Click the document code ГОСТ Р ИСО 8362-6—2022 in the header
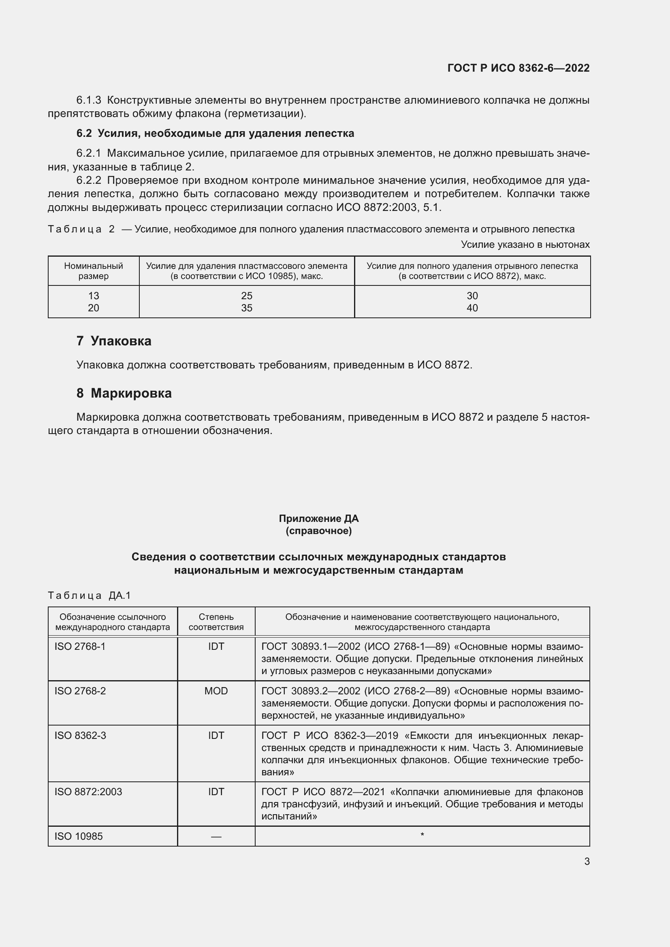[x=518, y=68]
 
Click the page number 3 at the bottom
[x=587, y=861]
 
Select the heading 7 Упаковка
[x=114, y=341]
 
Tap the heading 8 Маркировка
[x=124, y=393]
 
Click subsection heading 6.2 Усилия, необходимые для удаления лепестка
[x=215, y=134]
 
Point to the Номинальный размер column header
[x=94, y=271]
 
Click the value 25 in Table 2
[x=247, y=296]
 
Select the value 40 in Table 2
[x=472, y=308]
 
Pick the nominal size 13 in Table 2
[x=94, y=296]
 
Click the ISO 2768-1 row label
[x=80, y=646]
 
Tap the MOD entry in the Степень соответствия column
[x=216, y=691]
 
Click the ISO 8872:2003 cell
[x=88, y=792]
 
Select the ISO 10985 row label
[x=79, y=836]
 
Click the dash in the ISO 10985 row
[x=216, y=836]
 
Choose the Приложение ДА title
[x=318, y=519]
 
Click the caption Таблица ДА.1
[x=89, y=595]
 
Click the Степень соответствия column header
[x=216, y=622]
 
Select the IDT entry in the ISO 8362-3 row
[x=216, y=735]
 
